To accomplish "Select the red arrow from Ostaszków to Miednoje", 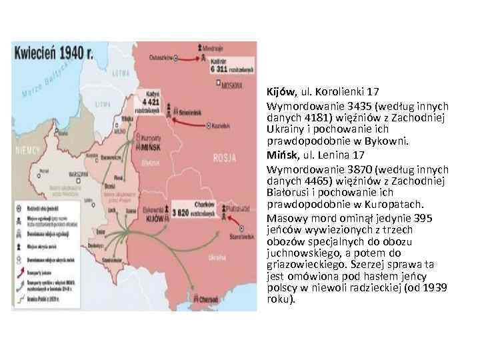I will pos(190,57).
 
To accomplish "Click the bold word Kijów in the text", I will pos(280,93).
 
